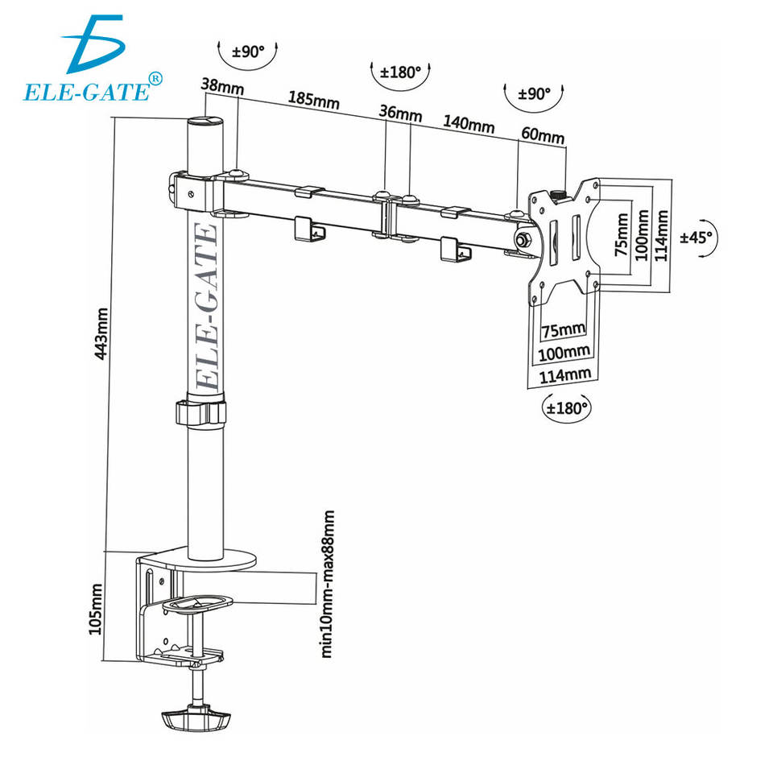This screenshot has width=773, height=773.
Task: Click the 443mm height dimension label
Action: point(101,332)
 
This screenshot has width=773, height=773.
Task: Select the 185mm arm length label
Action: point(313,100)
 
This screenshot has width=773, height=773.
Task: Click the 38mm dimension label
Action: point(222,84)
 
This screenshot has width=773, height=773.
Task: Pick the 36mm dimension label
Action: point(400,114)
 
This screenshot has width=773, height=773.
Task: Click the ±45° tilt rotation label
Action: point(698,237)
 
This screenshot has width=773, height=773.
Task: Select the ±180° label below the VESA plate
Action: point(567,407)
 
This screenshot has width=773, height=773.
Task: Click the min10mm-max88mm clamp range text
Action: point(328,584)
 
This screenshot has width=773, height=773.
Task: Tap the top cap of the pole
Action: point(205,122)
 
